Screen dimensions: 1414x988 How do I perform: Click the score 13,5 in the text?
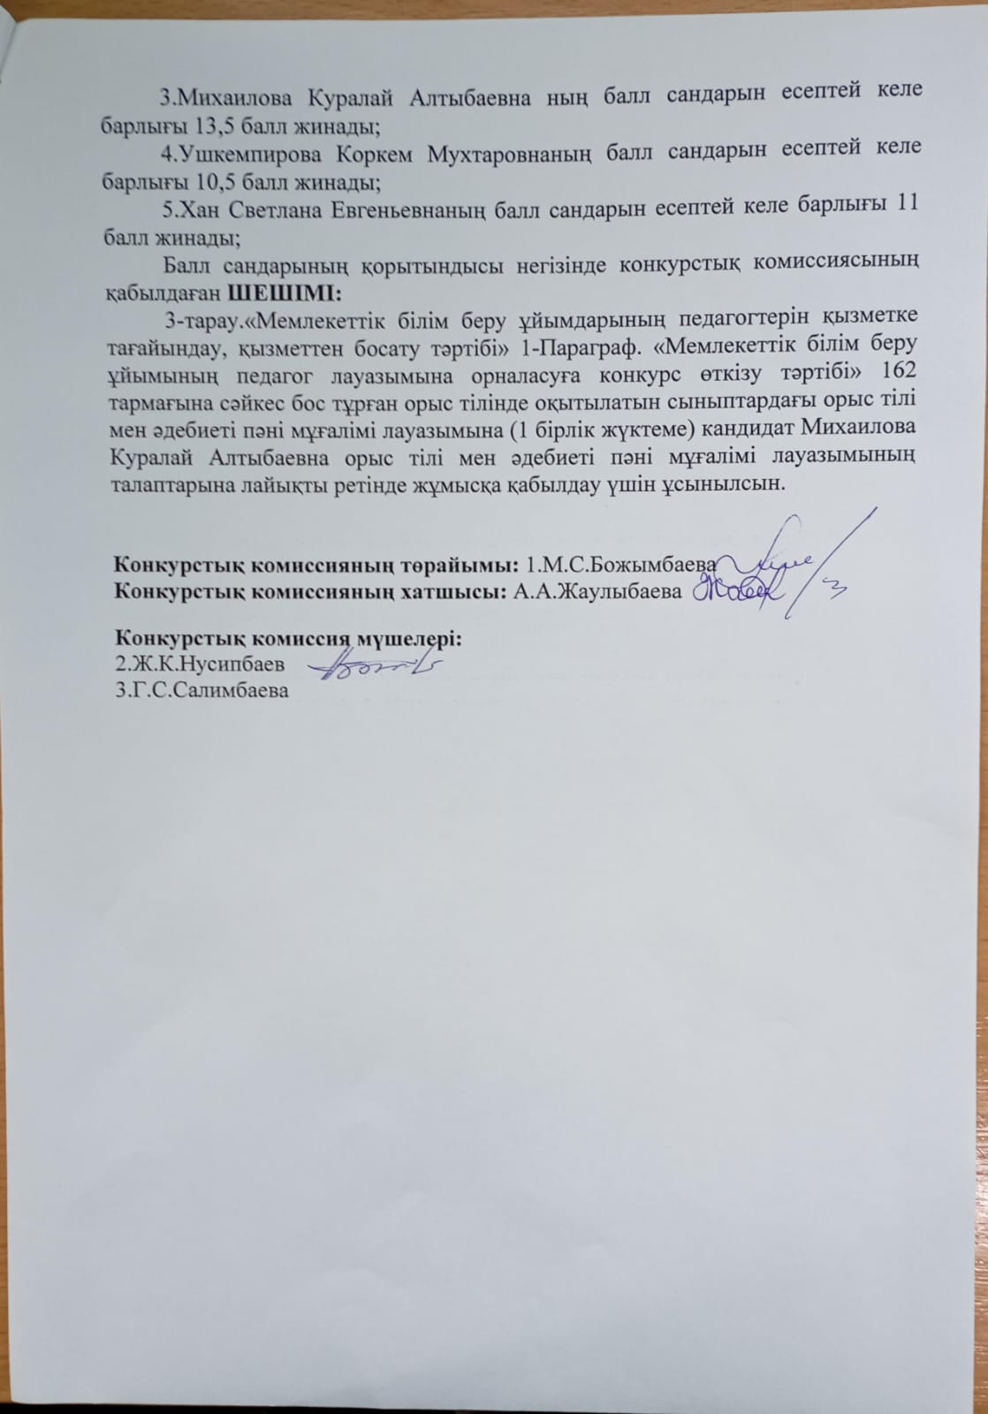pos(186,125)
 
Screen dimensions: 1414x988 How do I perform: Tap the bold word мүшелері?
pos(407,638)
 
